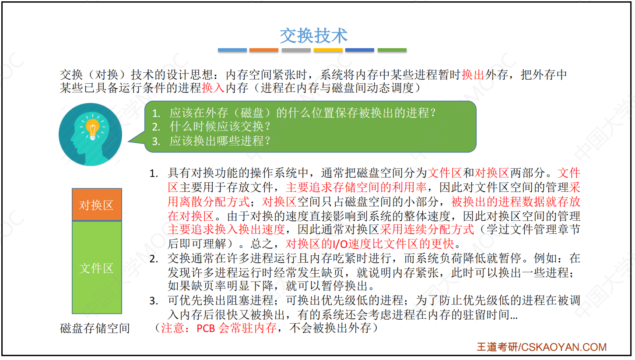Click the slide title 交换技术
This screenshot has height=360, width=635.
click(x=313, y=36)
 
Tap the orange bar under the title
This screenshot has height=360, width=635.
click(x=263, y=50)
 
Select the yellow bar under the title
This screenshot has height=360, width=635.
click(x=328, y=50)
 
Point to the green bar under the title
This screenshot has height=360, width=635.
click(x=392, y=50)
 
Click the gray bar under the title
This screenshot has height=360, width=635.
click(x=296, y=50)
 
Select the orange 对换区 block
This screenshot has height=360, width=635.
click(x=97, y=204)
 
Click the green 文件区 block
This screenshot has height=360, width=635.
click(x=97, y=267)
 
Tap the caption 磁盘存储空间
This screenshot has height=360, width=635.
click(x=95, y=328)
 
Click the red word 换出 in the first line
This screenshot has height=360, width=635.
click(x=473, y=75)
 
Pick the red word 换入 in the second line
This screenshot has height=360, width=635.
click(x=213, y=88)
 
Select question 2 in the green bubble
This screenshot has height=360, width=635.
click(x=211, y=127)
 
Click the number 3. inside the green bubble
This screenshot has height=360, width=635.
click(x=156, y=141)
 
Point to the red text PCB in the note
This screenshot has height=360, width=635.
click(x=206, y=328)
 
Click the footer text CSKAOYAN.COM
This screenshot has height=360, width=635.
click(x=564, y=347)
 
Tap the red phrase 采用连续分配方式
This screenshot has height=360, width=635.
click(x=427, y=229)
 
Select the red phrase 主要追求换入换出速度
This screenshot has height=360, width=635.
click(x=226, y=229)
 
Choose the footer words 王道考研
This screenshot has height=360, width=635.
click(x=497, y=347)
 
